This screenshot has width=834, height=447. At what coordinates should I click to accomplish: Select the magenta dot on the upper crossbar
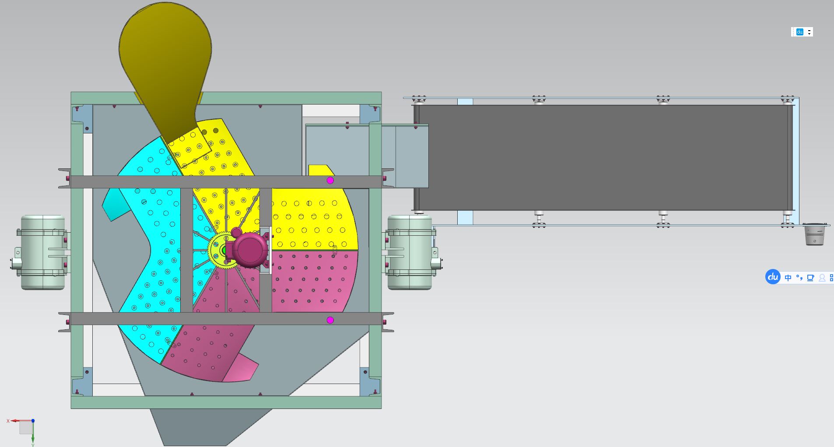point(330,180)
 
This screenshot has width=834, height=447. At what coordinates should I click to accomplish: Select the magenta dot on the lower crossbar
point(330,320)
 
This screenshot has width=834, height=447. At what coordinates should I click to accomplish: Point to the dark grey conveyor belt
point(604,157)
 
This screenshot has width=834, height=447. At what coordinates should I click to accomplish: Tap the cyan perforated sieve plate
point(153,245)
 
